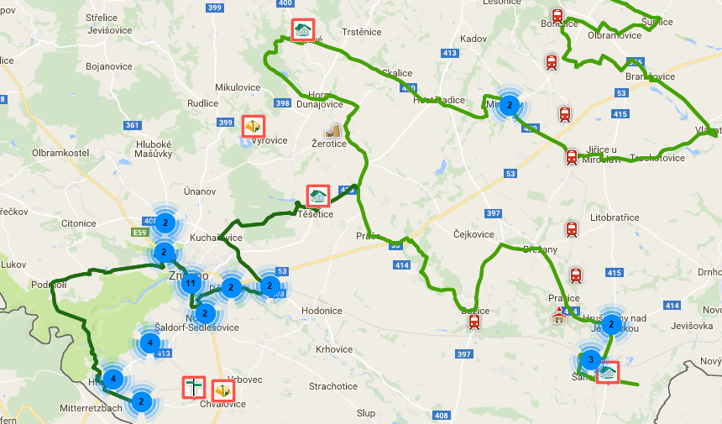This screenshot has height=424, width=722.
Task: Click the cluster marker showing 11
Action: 191,282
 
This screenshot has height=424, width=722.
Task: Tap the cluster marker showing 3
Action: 590,360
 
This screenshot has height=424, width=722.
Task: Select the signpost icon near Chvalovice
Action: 194,387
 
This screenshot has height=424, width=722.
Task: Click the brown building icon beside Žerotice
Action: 333,131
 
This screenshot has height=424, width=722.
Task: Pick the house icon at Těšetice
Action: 317,196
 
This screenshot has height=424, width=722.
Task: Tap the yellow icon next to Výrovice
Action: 254,126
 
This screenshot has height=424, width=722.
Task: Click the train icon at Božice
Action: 474,321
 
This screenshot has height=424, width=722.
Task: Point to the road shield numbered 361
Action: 132,125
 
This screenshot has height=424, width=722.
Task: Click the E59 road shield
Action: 139,233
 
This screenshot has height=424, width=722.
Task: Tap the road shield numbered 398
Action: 282,104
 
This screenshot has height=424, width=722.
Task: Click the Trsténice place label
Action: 362,32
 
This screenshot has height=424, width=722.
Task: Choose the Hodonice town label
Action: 322,311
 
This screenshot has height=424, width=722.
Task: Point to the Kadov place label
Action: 473,39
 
